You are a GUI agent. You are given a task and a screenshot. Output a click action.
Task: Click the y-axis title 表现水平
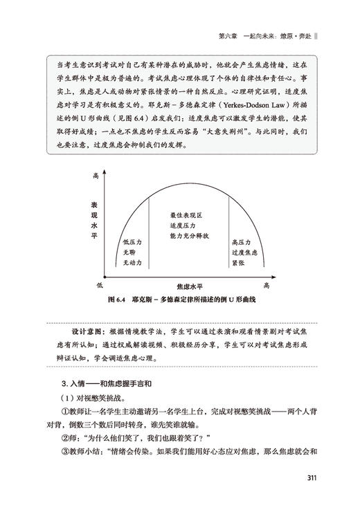(92, 221)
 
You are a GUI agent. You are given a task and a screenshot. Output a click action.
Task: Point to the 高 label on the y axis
(96, 178)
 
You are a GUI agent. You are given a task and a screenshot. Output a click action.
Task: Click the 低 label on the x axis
(101, 284)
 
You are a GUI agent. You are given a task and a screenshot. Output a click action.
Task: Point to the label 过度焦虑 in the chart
(245, 252)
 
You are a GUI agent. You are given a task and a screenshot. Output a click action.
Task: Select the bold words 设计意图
(75, 331)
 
